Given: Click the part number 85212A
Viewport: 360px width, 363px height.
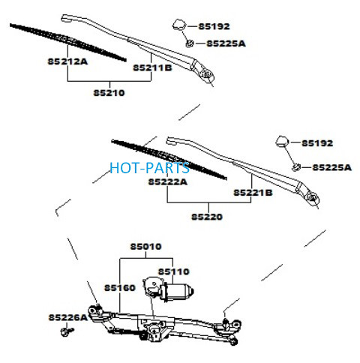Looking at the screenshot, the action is (67, 61).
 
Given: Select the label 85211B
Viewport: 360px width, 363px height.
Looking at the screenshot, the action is (152, 67).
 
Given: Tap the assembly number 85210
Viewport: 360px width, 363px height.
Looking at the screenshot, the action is (109, 93).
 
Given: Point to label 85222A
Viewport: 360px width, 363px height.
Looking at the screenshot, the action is (168, 181).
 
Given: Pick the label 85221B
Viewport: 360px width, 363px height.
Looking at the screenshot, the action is (253, 193).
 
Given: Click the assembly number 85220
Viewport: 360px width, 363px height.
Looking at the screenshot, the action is (207, 217).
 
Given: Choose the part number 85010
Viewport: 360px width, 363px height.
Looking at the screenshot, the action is (146, 247).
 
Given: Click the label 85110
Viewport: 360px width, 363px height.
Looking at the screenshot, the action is (174, 271).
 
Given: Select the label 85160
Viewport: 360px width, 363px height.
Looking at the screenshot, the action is (120, 288).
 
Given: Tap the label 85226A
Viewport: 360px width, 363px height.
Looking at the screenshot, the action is (68, 317).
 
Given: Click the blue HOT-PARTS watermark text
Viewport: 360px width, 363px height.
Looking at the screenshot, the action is (149, 168).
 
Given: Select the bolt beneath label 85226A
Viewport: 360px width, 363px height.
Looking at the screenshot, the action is (67, 331).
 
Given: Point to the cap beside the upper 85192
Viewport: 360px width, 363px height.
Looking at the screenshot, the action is (179, 24).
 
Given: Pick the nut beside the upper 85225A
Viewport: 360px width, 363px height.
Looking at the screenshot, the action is (190, 43).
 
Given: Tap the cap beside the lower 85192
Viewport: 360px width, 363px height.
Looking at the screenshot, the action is (283, 142).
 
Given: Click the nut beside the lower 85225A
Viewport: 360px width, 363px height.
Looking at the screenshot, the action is (296, 167).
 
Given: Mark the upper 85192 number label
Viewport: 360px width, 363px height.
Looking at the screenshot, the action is (214, 26).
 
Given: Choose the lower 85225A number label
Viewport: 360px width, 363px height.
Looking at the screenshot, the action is (332, 167).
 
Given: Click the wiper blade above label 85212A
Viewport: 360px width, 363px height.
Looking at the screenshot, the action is (68, 42).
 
